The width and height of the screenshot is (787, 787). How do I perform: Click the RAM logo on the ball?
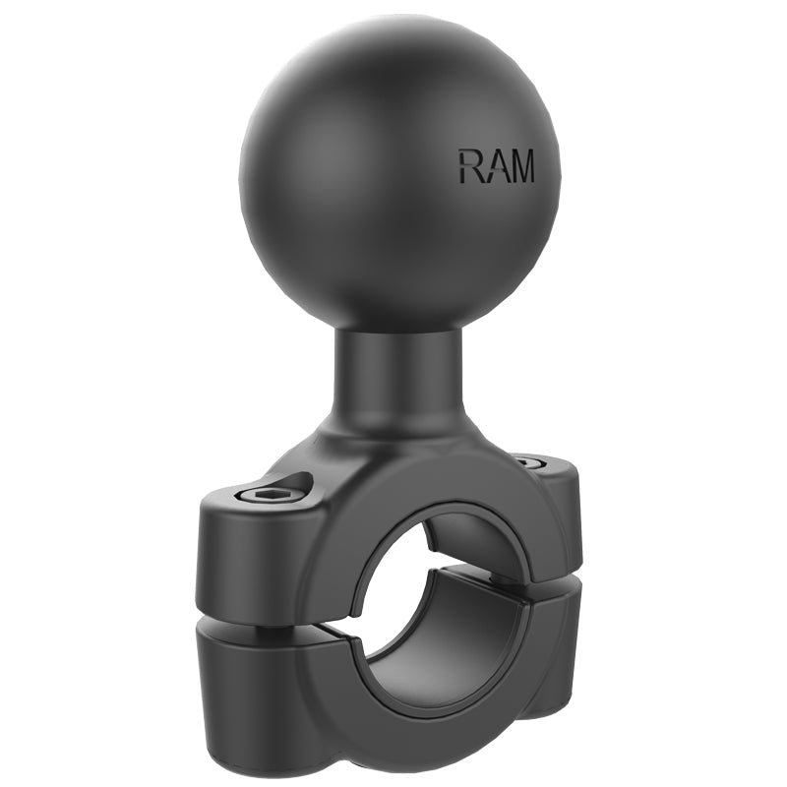[x=496, y=166]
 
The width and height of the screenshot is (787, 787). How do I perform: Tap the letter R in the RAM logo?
[x=469, y=166]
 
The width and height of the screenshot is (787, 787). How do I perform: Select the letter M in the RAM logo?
[x=520, y=166]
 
